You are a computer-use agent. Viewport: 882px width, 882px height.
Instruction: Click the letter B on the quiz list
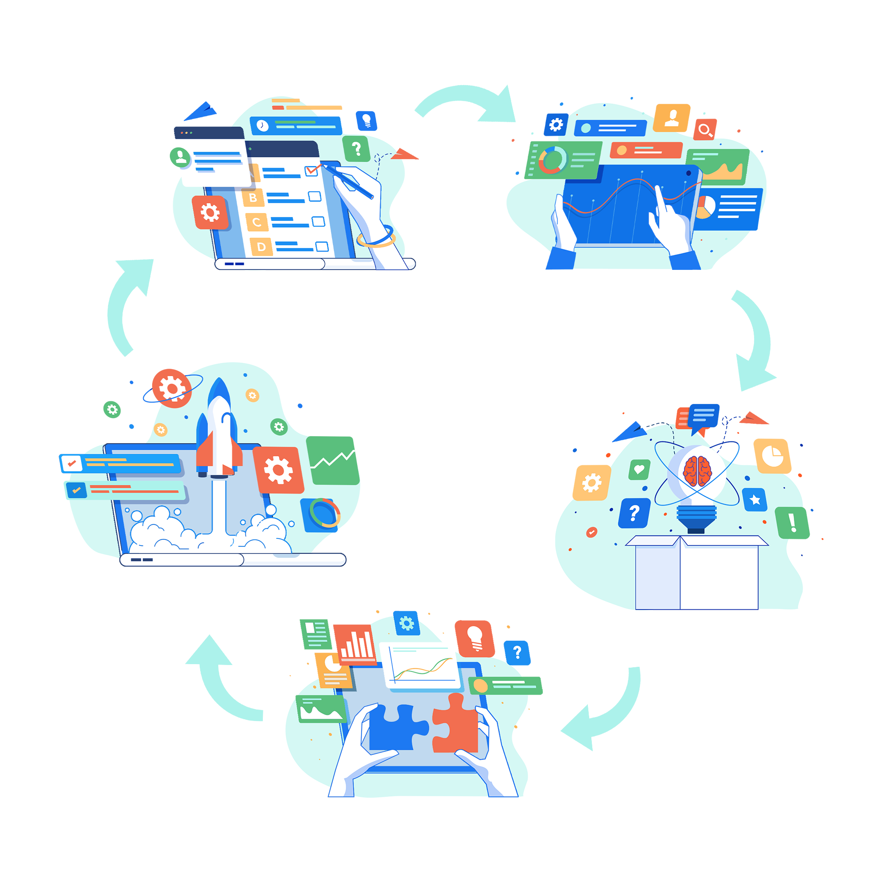[253, 198]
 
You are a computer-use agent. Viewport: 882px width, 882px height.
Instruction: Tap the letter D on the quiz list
[261, 247]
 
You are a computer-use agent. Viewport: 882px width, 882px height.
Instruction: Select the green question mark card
[356, 148]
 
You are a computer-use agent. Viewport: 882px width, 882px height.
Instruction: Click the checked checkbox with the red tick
[311, 170]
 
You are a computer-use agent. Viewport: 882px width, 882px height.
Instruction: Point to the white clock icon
[262, 125]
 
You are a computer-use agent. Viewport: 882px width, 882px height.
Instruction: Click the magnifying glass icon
[705, 131]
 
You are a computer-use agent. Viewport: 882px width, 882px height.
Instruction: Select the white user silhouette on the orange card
[672, 117]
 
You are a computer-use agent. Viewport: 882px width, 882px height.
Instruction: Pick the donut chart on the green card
[553, 160]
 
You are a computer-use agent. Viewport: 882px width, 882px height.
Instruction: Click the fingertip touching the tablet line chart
[658, 188]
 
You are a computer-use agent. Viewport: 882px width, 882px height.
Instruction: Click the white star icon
[755, 500]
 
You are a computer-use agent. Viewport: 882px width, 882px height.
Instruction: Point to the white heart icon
[639, 469]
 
